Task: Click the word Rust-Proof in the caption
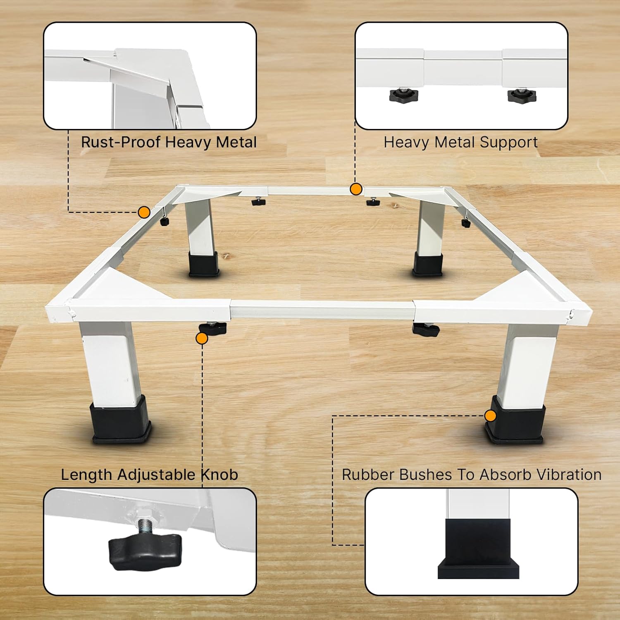click(121, 142)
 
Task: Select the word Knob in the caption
click(219, 475)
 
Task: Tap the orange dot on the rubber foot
click(490, 416)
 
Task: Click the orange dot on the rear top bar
click(356, 189)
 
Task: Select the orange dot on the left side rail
click(144, 212)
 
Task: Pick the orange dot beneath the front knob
click(202, 339)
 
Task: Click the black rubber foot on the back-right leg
click(428, 265)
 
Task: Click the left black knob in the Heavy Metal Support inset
click(404, 95)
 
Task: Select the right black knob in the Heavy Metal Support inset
click(522, 95)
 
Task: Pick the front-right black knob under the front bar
click(426, 329)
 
